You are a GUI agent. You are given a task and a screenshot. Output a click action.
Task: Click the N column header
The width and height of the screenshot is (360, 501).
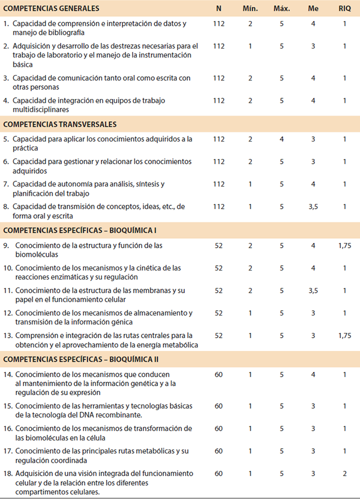pyautogui.click(x=218, y=8)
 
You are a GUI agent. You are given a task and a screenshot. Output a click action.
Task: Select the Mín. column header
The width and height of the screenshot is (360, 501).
pyautogui.click(x=250, y=8)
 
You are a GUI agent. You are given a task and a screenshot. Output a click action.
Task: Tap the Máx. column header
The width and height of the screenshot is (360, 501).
pyautogui.click(x=281, y=8)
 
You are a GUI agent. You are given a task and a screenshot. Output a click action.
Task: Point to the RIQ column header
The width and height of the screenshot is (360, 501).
pyautogui.click(x=344, y=8)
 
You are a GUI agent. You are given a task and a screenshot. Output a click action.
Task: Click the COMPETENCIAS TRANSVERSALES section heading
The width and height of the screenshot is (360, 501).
pyautogui.click(x=60, y=124)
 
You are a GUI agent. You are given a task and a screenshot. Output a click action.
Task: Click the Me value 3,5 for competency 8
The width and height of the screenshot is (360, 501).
pyautogui.click(x=312, y=206)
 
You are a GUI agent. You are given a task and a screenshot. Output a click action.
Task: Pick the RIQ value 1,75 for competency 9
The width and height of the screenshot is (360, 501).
pyautogui.click(x=344, y=245)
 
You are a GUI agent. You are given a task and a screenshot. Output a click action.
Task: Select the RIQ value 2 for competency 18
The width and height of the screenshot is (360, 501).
pyautogui.click(x=344, y=474)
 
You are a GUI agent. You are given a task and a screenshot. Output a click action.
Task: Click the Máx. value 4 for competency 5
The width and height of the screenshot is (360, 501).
pyautogui.click(x=281, y=139)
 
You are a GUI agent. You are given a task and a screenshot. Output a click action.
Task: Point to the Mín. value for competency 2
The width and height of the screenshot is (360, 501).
pyautogui.click(x=250, y=46)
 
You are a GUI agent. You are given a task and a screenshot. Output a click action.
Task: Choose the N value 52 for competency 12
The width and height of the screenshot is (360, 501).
pyautogui.click(x=218, y=313)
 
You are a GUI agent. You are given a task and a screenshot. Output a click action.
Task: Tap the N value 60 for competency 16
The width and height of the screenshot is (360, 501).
pyautogui.click(x=218, y=428)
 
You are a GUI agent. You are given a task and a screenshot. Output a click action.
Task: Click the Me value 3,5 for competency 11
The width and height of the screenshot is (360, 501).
pyautogui.click(x=312, y=290)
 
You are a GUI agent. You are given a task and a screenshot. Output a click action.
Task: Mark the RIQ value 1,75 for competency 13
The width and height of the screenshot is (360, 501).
pyautogui.click(x=344, y=335)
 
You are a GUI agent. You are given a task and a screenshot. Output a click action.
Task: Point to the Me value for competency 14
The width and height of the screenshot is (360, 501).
pyautogui.click(x=312, y=375)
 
